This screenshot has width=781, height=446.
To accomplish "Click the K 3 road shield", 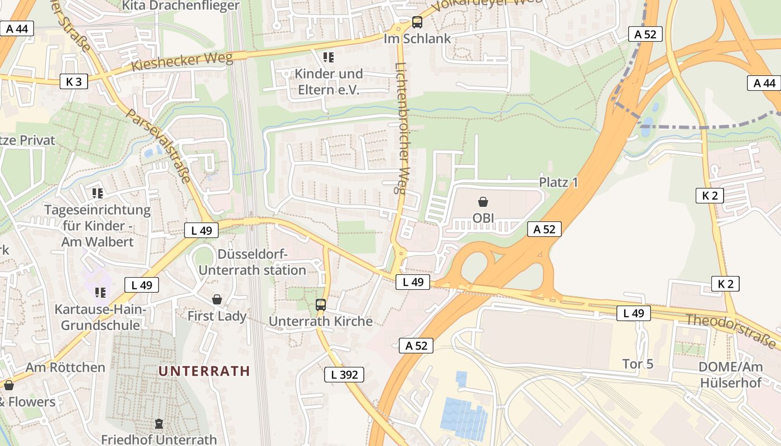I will pyautogui.click(x=74, y=82).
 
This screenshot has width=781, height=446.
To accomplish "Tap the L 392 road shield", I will pyautogui.click(x=344, y=375).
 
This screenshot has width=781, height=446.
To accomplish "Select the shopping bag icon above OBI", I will pyautogui.click(x=483, y=202).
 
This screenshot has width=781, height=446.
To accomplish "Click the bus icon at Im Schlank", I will pyautogui.click(x=417, y=23).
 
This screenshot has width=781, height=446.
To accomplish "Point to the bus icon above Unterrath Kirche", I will pyautogui.click(x=321, y=305).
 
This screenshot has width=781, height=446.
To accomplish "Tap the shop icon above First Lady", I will pyautogui.click(x=217, y=300).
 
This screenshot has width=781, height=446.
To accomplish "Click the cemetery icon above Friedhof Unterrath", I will pyautogui.click(x=159, y=424).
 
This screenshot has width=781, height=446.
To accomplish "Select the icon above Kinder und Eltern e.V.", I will pyautogui.click(x=329, y=57).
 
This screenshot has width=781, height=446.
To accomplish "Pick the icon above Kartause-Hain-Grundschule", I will pyautogui.click(x=100, y=292).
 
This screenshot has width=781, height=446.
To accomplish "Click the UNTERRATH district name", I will pyautogui.click(x=204, y=371).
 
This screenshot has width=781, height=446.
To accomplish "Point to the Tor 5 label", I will pyautogui.click(x=638, y=364).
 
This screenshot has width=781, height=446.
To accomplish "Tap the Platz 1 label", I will pyautogui.click(x=558, y=182).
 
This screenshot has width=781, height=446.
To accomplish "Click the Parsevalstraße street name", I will pyautogui.click(x=158, y=145).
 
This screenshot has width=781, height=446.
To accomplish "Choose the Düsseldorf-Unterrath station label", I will pyautogui.click(x=252, y=263).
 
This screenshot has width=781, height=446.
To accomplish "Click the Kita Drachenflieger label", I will pyautogui.click(x=180, y=6).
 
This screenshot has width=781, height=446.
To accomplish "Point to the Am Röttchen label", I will pyautogui.click(x=65, y=367).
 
